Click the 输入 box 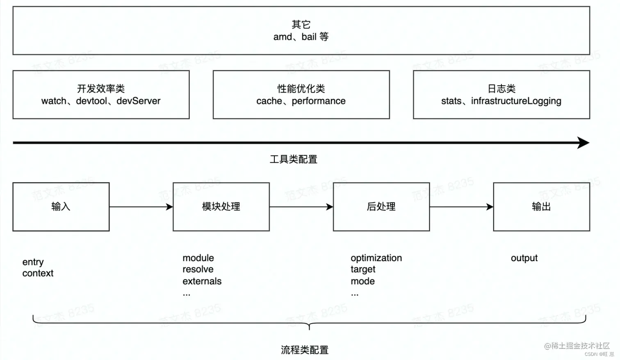[61, 207]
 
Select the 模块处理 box [221, 207]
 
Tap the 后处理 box [381, 207]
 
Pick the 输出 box [541, 207]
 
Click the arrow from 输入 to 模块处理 [141, 207]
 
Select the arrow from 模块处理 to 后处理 [301, 207]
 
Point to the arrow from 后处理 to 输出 [461, 207]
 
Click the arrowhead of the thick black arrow [584, 143]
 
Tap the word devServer [139, 101]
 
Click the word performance [319, 101]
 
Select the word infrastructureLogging [516, 101]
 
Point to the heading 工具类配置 [294, 159]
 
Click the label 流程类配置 [305, 350]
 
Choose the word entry [33, 262]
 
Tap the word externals [202, 281]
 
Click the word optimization [376, 258]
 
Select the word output [524, 258]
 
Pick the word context [38, 273]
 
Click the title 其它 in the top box [301, 25]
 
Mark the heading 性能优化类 [301, 89]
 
